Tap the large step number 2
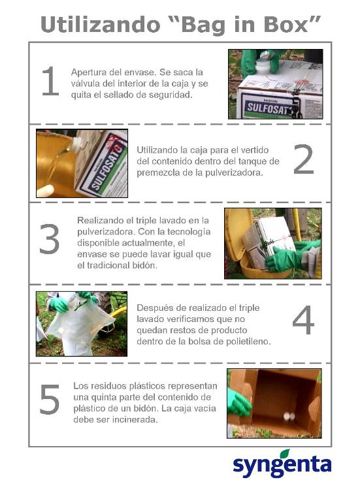tap(304, 159)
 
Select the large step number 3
tap(49, 239)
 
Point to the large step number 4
tap(304, 320)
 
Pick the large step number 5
tap(50, 399)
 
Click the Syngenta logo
tap(282, 464)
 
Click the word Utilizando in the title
tap(101, 25)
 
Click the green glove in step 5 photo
tap(240, 404)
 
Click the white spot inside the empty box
tap(289, 417)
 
